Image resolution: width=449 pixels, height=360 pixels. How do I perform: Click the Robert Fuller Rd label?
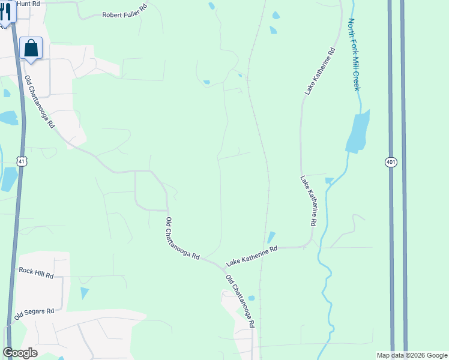point(124,14)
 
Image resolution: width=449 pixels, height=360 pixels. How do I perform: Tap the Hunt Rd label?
point(28,4)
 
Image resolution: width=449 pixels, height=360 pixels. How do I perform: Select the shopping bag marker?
point(31,48)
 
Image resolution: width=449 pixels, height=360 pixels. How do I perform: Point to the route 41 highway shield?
point(22,161)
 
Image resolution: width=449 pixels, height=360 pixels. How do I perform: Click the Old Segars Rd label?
point(34,312)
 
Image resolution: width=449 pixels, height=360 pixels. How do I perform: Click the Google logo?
point(20,353)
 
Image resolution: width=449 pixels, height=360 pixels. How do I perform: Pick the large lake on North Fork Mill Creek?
point(358,132)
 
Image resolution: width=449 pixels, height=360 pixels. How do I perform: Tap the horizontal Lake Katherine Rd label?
point(252,256)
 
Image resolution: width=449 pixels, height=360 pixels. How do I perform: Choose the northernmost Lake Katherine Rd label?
point(319,71)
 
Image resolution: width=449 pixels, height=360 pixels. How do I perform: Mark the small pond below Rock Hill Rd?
point(84,293)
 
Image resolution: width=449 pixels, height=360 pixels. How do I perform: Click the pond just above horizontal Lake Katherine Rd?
point(271,238)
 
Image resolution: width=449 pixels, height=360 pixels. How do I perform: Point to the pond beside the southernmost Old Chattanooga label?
point(252,298)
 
